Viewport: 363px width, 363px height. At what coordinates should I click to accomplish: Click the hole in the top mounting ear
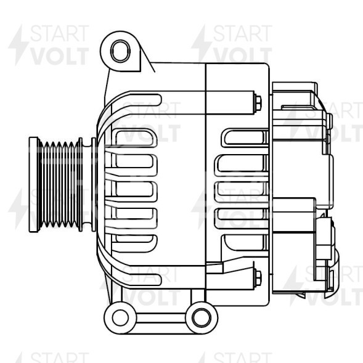coord(120,50)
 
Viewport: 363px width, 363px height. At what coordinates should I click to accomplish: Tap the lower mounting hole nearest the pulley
coord(120,317)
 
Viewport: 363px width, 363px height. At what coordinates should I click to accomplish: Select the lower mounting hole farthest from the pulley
coord(201,317)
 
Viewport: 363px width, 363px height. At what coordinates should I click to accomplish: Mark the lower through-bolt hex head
coord(258,275)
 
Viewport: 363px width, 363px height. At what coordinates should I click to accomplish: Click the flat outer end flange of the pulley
coord(33,184)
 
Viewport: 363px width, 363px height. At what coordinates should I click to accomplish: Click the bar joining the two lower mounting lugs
coord(160,318)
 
